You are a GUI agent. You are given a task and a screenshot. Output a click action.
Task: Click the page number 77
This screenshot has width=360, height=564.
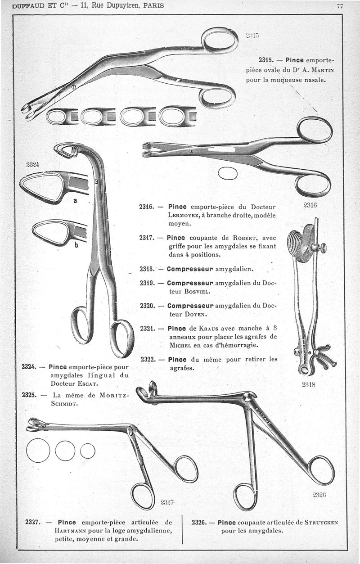click(x=340, y=6)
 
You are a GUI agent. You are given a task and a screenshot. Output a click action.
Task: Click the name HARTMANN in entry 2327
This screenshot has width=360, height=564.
click(x=67, y=531)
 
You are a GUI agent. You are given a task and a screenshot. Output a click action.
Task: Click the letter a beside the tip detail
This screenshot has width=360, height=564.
click(x=76, y=201)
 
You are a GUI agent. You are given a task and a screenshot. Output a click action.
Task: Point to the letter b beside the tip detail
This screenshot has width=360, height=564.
click(x=76, y=245)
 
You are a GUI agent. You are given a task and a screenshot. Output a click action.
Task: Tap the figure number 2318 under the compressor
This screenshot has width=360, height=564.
click(x=308, y=385)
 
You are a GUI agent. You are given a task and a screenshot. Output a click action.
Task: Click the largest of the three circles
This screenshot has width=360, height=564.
click(x=38, y=451)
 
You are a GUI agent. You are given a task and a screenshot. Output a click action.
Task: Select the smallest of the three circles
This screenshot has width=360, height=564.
click(x=88, y=451)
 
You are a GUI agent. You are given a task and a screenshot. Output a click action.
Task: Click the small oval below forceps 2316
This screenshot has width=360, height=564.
click(x=228, y=173)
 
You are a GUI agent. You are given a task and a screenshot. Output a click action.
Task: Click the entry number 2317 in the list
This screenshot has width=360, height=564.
click(x=148, y=238)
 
